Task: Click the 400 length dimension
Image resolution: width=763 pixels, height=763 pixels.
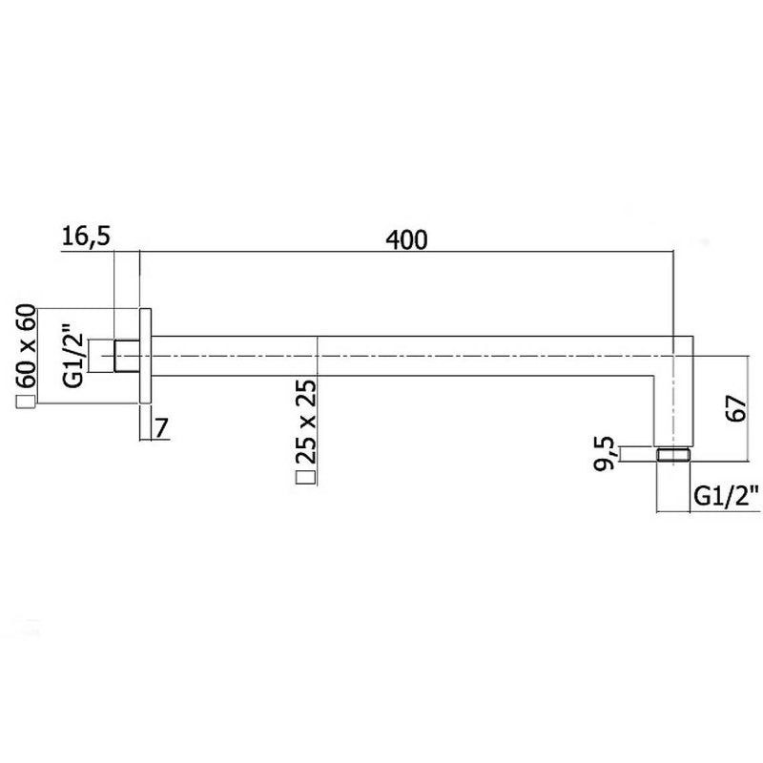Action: pos(407,240)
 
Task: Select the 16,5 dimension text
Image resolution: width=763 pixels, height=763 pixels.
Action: pos(87,237)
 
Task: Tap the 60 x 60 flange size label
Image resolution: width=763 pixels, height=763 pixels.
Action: pos(27,346)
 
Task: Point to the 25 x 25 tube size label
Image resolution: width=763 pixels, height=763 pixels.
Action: pos(305,422)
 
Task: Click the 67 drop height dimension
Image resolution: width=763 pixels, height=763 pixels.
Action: pos(735,409)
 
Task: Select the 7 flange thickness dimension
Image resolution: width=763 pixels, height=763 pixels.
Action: pos(162,428)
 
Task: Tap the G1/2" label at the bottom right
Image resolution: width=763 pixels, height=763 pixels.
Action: pos(726,497)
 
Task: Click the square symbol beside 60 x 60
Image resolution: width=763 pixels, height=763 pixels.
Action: pos(27,402)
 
